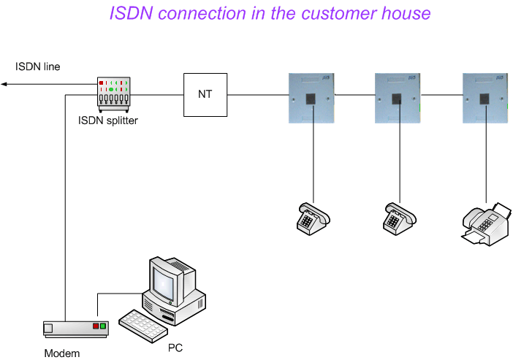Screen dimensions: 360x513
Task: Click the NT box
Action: coord(205,95)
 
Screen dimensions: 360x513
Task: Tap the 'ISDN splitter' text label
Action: coord(107,120)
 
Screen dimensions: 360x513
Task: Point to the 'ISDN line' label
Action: coord(38,67)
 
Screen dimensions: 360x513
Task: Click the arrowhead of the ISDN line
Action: coord(3,84)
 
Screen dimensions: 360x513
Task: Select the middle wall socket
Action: coord(398,95)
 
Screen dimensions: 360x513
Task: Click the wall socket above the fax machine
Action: coord(485,95)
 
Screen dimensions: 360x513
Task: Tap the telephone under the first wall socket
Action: coord(313,217)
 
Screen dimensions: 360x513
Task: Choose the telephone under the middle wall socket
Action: coord(399,217)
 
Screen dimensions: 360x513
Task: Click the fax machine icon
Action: coord(486,223)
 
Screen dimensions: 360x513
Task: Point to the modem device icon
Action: coord(75,328)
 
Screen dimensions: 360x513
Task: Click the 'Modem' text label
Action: coord(61,353)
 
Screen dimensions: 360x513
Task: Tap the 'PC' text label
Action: coord(175,348)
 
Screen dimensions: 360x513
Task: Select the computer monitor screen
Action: coord(163,280)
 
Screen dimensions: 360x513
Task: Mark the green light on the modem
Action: coord(103,326)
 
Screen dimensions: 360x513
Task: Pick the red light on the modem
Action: coord(95,326)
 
